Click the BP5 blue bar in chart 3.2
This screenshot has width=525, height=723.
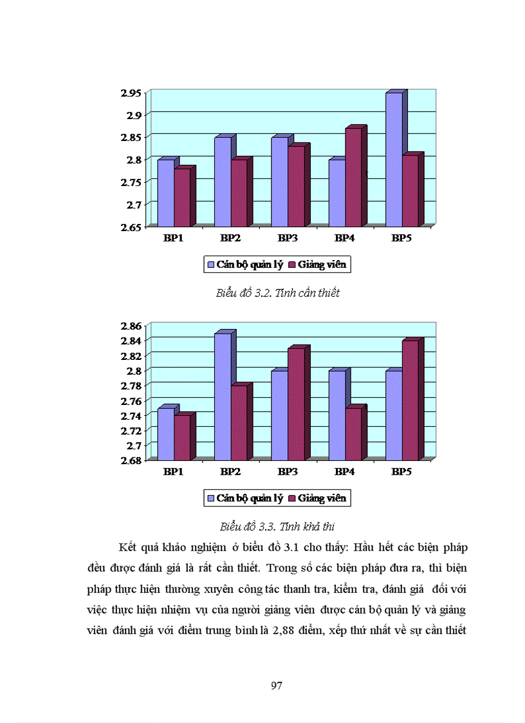coord(394,160)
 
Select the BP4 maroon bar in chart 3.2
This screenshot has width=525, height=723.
coord(353,177)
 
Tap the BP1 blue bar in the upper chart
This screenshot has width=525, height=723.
coord(165,193)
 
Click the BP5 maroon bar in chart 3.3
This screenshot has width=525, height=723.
coord(410,400)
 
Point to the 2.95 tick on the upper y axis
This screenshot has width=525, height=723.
coord(131,93)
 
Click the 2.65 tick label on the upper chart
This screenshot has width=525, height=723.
coord(131,227)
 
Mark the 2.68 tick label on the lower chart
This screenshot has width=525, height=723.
coord(131,460)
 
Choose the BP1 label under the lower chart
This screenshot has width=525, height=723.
coord(173,472)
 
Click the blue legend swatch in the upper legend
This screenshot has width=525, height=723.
coord(210,265)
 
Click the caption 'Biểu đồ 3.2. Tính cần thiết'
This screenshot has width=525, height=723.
coord(277,293)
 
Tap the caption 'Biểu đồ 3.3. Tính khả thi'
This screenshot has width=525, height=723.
coord(277,526)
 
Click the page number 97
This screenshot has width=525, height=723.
coord(277,685)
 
